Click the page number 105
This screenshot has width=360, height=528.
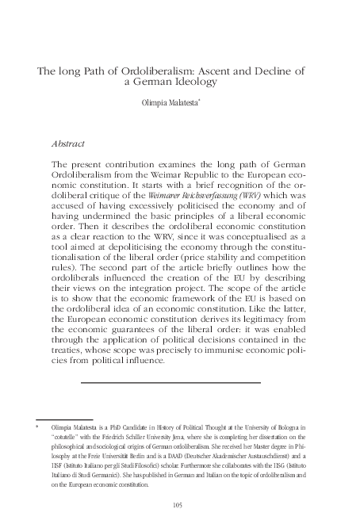(178, 504)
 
